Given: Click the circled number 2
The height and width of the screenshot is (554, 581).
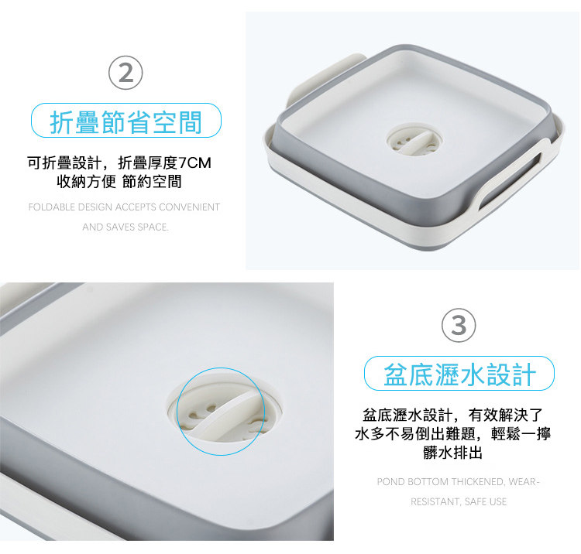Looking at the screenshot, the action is click(125, 73).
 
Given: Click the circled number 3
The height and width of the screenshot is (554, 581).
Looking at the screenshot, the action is click(459, 325).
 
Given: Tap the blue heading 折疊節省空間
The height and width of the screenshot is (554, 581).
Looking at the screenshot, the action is click(126, 121).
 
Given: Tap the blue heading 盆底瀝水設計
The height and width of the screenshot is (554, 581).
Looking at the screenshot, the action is click(460, 374).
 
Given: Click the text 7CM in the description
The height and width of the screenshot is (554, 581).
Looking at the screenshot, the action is click(194, 162).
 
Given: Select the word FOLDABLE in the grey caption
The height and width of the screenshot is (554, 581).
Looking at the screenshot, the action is click(51, 207).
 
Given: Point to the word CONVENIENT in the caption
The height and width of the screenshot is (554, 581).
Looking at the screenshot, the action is click(189, 207).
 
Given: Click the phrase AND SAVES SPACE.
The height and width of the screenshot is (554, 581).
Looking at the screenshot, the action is click(125, 227).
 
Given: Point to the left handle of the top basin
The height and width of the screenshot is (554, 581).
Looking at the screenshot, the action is click(325, 77).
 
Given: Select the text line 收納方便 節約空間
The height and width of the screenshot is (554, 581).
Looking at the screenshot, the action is click(119, 181).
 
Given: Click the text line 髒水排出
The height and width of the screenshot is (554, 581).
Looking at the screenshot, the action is click(453, 452).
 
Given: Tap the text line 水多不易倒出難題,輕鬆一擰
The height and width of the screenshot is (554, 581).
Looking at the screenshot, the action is click(453, 433).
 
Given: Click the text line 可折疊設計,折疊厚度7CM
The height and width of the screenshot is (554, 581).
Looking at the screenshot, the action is click(119, 162).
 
